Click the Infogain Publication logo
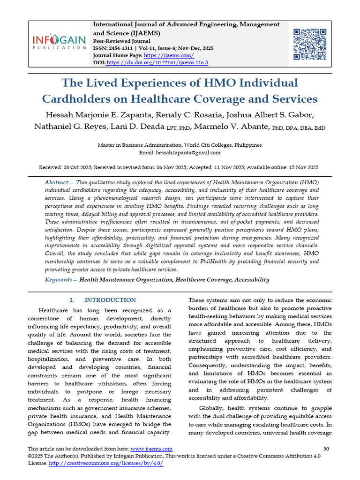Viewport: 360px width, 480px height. pyautogui.click(x=59, y=41)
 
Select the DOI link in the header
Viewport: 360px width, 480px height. pyautogui.click(x=157, y=62)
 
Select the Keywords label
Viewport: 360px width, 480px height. pyautogui.click(x=59, y=280)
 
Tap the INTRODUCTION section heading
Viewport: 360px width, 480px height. pyautogui.click(x=110, y=300)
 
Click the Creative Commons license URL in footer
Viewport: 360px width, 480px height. pyautogui.click(x=105, y=463)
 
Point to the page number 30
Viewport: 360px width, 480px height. pyautogui.click(x=327, y=449)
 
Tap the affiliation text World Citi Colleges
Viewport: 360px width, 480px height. pyautogui.click(x=207, y=145)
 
